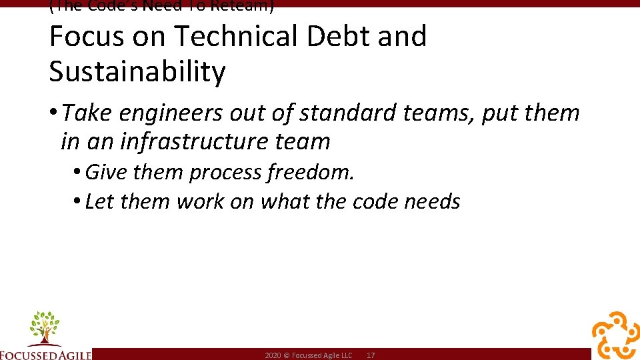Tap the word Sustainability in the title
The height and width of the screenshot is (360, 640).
[137, 72]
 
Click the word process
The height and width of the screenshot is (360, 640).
[225, 173]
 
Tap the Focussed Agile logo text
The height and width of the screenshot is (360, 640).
[45, 354]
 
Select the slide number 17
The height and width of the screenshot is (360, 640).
[371, 356]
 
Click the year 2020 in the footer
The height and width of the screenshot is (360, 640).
[272, 356]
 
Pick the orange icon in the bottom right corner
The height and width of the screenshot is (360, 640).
[615, 335]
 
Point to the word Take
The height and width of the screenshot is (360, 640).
[88, 113]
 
